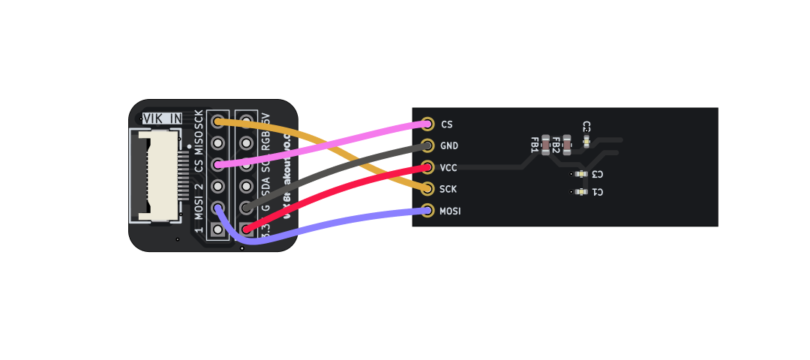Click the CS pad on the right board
(x=427, y=124)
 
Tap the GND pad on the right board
(x=427, y=145)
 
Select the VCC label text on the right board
(x=448, y=167)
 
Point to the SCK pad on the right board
(x=427, y=189)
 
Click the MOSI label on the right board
(x=450, y=211)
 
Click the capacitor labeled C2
(x=586, y=139)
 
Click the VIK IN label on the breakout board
(x=162, y=118)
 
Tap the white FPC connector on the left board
(x=159, y=176)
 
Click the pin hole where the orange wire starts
(x=218, y=121)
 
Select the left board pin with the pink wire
(x=218, y=164)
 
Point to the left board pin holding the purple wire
(x=218, y=208)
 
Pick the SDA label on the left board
(x=265, y=184)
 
